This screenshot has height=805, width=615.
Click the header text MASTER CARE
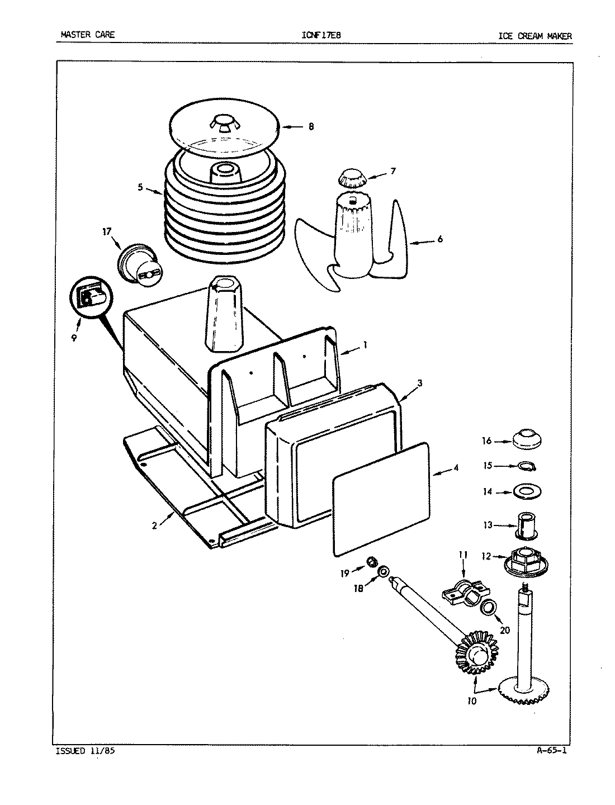pos(87,35)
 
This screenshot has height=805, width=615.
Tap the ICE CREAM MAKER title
pos(535,36)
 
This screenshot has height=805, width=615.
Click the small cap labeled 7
pos(351,178)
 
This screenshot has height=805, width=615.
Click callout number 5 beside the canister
pos(141,188)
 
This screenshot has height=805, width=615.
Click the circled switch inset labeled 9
pos(91,297)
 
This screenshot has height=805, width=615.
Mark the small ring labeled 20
pos(489,607)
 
